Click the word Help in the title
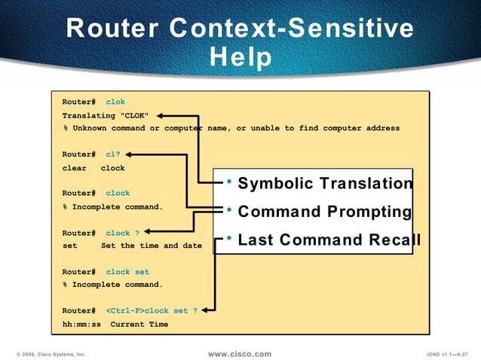coord(240,57)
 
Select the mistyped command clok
coord(115,102)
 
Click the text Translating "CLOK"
coord(105,115)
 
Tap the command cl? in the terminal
coord(113,154)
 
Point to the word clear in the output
coord(74,168)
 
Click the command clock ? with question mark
coord(122,233)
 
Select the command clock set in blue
coord(127,272)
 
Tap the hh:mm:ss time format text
coord(81,325)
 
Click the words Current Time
coord(139,325)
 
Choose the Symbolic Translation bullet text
coord(325,185)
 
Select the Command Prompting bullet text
coord(324,212)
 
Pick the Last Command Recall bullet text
coord(329,240)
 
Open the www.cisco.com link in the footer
coord(239,353)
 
